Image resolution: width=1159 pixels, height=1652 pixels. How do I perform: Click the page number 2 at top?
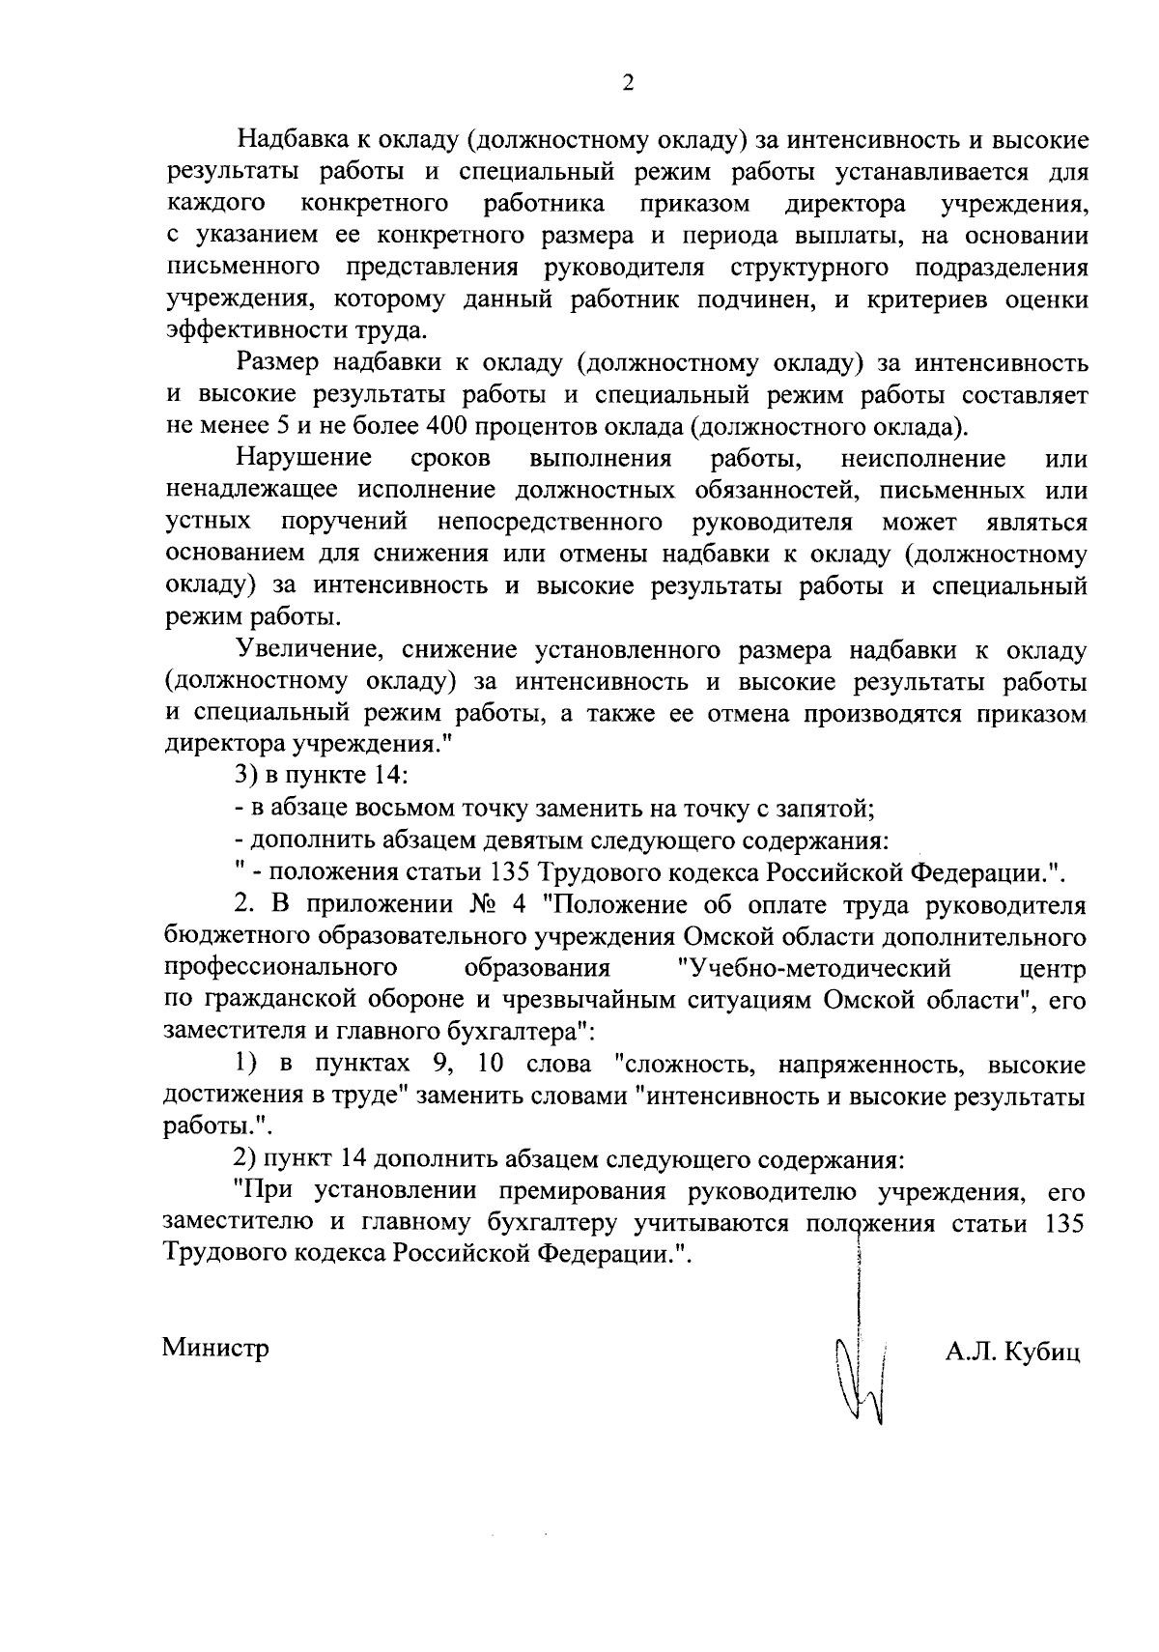(x=628, y=83)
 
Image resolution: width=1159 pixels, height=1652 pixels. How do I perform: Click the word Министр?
(x=215, y=1348)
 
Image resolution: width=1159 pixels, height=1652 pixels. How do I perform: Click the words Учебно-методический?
(x=815, y=969)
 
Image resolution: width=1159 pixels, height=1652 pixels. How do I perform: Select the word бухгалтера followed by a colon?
(x=518, y=1033)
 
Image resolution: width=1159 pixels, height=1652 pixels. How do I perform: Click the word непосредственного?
(x=550, y=523)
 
